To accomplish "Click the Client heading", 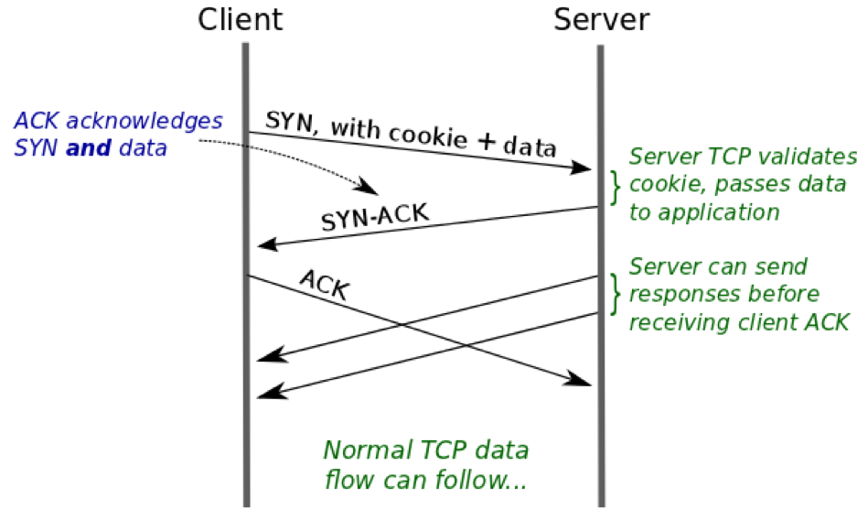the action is tap(240, 20).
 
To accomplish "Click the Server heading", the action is tap(601, 20).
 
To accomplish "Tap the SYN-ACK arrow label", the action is tap(375, 217).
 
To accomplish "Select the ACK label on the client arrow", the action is tap(325, 285).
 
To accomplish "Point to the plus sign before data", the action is tap(486, 142).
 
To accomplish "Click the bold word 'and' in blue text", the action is tap(89, 147).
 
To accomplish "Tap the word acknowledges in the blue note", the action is tap(145, 122).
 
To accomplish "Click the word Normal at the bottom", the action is tap(368, 450).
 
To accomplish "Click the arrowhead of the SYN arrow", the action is tap(581, 168).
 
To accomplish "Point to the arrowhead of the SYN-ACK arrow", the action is tap(268, 244).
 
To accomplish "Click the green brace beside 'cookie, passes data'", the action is tap(616, 188).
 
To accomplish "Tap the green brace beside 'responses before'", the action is tap(616, 294).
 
